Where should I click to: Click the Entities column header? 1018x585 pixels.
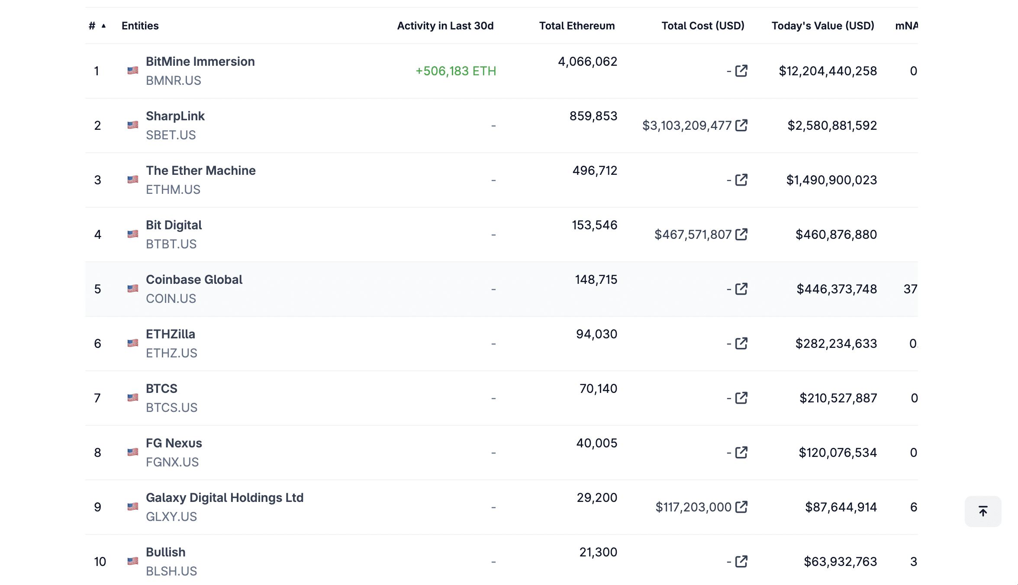pyautogui.click(x=140, y=26)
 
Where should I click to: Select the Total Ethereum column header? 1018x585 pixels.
pyautogui.click(x=577, y=26)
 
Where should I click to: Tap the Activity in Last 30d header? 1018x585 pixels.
pyautogui.click(x=445, y=26)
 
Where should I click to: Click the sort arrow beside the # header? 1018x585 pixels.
pyautogui.click(x=104, y=26)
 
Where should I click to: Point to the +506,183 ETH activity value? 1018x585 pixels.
pyautogui.click(x=455, y=71)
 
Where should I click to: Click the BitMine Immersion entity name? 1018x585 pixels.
pyautogui.click(x=200, y=61)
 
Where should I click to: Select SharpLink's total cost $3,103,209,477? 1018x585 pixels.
pyautogui.click(x=686, y=125)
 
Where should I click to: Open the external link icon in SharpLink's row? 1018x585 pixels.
pyautogui.click(x=741, y=125)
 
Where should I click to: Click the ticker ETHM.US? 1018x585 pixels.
pyautogui.click(x=173, y=190)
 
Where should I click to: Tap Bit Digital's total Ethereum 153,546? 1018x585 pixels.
pyautogui.click(x=594, y=225)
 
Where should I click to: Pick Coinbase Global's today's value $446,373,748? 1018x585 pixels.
pyautogui.click(x=836, y=289)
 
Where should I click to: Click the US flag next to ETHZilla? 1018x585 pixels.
pyautogui.click(x=133, y=343)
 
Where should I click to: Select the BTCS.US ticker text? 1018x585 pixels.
pyautogui.click(x=171, y=408)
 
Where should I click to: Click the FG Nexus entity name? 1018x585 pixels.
pyautogui.click(x=174, y=443)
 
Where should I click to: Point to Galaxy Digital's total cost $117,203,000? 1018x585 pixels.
pyautogui.click(x=693, y=507)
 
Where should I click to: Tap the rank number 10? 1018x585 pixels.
pyautogui.click(x=100, y=562)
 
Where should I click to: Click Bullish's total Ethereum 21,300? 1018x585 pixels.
pyautogui.click(x=598, y=552)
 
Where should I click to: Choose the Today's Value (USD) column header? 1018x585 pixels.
pyautogui.click(x=822, y=26)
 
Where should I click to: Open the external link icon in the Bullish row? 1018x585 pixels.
pyautogui.click(x=741, y=562)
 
